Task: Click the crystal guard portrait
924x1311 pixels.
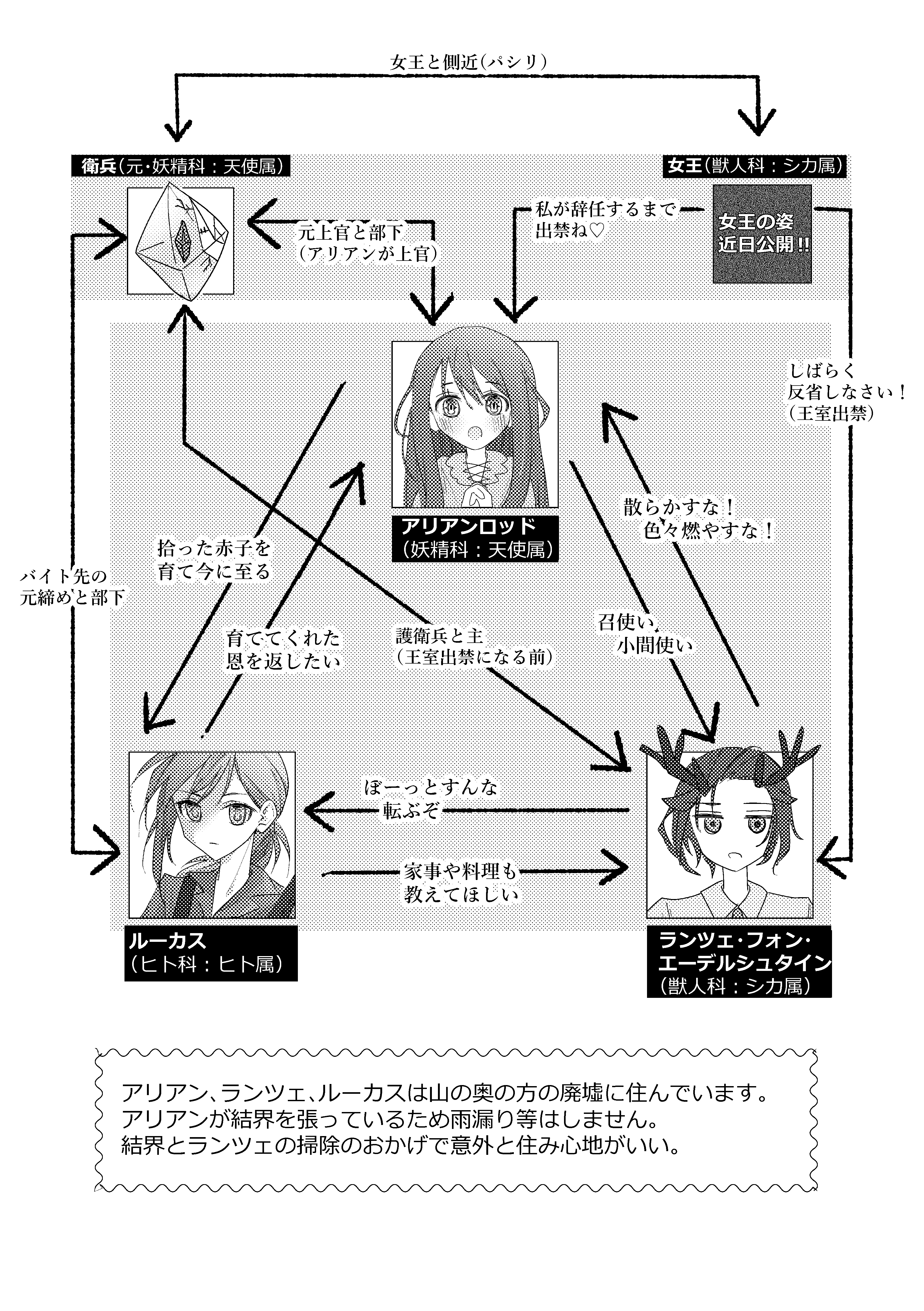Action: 180,241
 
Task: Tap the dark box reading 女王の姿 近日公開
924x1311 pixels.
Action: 762,234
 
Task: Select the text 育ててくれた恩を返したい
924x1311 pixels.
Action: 283,649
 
